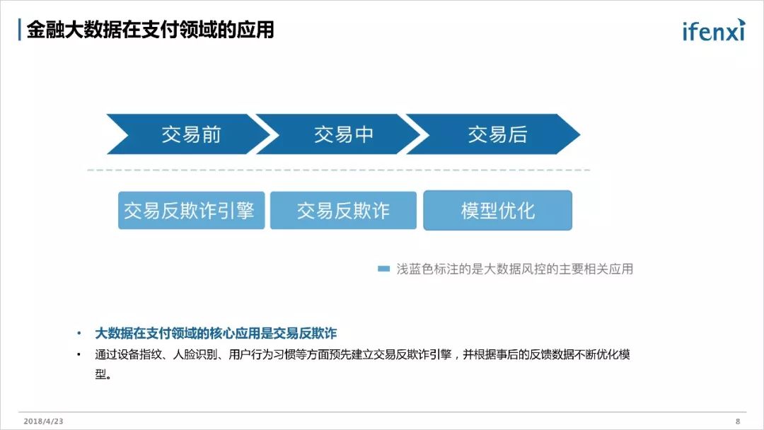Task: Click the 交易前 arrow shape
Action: pyautogui.click(x=190, y=134)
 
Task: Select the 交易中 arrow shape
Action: pyautogui.click(x=343, y=134)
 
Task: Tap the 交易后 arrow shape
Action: pyautogui.click(x=497, y=134)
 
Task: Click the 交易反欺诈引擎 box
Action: pyautogui.click(x=191, y=210)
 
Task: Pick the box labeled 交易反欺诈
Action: pyautogui.click(x=343, y=210)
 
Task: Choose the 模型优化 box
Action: pyautogui.click(x=497, y=210)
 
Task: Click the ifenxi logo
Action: pyautogui.click(x=713, y=30)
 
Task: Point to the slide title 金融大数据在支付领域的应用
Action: pyautogui.click(x=150, y=30)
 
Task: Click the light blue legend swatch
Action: pyautogui.click(x=384, y=269)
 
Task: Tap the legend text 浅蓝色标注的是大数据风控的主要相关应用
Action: pyautogui.click(x=514, y=269)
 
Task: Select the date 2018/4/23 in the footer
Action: pyautogui.click(x=43, y=421)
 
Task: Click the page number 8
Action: pyautogui.click(x=737, y=421)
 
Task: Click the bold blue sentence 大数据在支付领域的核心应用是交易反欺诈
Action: pyautogui.click(x=216, y=333)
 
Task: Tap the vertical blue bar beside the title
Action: pyautogui.click(x=19, y=30)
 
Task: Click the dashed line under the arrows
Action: pyautogui.click(x=338, y=170)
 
